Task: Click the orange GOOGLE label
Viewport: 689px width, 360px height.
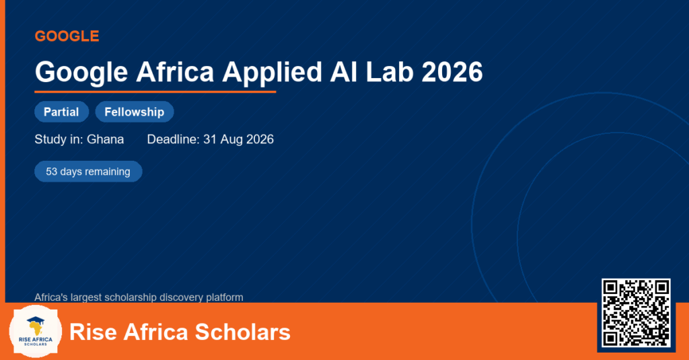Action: tap(67, 36)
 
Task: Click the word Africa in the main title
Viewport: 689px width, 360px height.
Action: tap(175, 71)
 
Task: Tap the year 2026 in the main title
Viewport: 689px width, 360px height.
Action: tap(452, 71)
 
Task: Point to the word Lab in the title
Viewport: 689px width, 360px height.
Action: tap(390, 71)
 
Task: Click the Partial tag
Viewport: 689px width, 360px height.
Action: tap(61, 112)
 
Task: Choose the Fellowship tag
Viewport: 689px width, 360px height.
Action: tap(135, 112)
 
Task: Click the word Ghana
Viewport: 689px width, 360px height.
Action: tap(106, 139)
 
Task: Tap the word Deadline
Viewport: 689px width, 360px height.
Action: tap(173, 139)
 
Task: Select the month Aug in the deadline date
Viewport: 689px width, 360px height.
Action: tap(231, 139)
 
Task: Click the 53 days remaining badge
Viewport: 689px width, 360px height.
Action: tap(88, 172)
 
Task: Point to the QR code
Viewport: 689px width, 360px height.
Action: tap(636, 312)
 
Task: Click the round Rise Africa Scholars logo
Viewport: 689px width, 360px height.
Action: tap(36, 332)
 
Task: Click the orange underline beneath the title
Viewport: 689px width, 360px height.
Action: tap(155, 92)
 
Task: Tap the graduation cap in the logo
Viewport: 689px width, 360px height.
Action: tap(36, 320)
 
